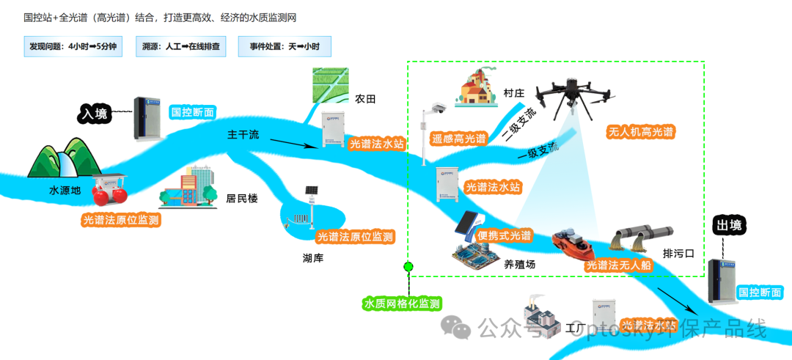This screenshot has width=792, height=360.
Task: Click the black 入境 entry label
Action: [x=94, y=114]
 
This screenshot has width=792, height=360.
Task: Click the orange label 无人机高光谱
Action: [x=640, y=133]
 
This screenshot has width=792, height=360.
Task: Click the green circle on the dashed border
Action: [x=408, y=266]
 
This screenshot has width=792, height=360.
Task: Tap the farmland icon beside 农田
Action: [x=329, y=87]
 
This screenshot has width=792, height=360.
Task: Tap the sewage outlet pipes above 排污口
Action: [x=641, y=236]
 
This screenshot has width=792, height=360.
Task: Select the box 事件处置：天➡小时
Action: [x=285, y=47]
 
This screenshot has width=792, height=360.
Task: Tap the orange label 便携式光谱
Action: [x=504, y=235]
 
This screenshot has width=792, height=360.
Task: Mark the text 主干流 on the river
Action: [x=243, y=135]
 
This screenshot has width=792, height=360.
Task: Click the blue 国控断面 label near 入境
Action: [x=193, y=112]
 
